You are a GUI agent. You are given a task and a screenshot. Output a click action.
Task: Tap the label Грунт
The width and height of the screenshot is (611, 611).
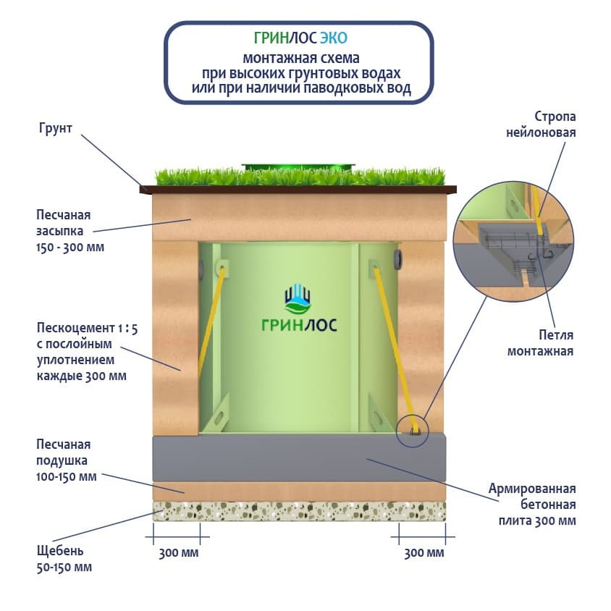55,129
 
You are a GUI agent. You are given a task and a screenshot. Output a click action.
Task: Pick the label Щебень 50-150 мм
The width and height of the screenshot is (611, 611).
64,559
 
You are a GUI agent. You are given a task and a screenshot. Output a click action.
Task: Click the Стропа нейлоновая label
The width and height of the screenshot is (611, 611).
555,125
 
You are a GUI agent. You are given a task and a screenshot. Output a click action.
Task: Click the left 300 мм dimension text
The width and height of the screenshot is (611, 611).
178,554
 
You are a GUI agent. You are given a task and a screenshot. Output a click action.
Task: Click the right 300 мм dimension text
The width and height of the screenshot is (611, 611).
424,554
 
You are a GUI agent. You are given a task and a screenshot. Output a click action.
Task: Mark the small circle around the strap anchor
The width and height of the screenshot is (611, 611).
413,432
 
